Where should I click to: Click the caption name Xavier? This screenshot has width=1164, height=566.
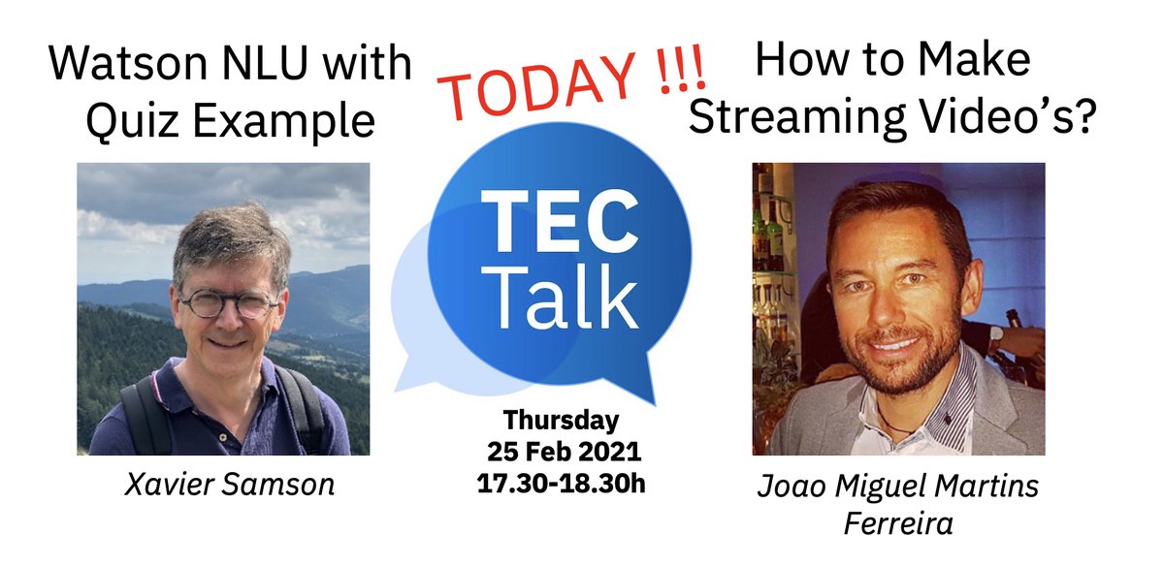(166, 484)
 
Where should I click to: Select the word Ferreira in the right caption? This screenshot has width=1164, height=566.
(897, 523)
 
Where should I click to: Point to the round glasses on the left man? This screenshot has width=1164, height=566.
(228, 303)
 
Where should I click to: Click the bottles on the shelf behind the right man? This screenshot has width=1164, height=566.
(772, 233)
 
